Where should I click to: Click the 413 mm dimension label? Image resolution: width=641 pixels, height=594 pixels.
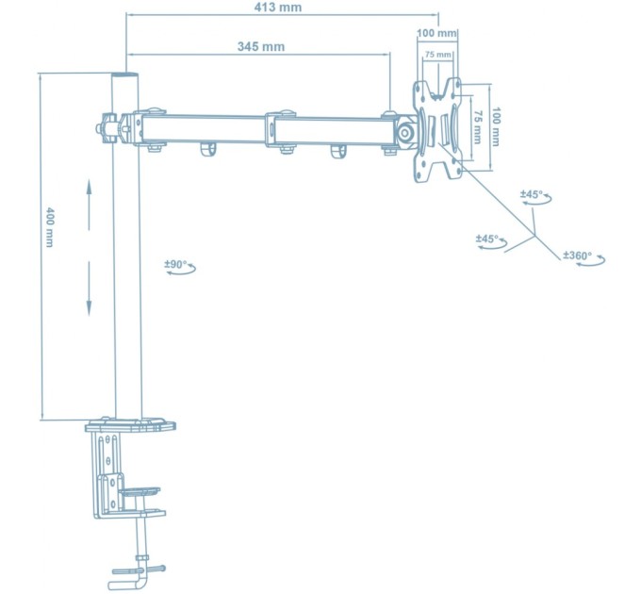[x=278, y=8]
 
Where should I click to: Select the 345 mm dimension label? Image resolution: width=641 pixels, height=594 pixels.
[x=261, y=46]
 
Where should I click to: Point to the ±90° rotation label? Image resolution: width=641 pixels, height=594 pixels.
[x=176, y=266]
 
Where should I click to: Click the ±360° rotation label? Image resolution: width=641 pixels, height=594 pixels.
[x=577, y=256]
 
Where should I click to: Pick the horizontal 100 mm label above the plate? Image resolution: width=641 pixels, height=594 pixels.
[x=436, y=34]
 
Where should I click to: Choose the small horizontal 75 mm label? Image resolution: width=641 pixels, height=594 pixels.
[x=436, y=55]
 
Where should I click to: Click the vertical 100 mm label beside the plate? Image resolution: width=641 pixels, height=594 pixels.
[x=497, y=124]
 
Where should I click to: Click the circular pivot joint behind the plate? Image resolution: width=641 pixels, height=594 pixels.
[x=406, y=133]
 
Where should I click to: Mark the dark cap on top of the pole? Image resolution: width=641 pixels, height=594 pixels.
[x=125, y=74]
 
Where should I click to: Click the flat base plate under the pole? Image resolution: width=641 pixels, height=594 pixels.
[x=131, y=425]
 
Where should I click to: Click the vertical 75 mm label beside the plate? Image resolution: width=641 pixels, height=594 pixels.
[x=478, y=124]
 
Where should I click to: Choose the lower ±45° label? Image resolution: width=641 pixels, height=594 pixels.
[x=487, y=239]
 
